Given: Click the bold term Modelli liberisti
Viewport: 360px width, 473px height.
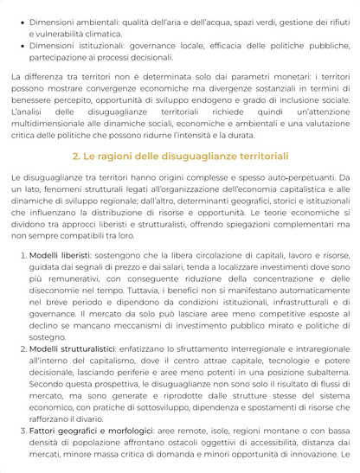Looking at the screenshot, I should pyautogui.click(x=60, y=256).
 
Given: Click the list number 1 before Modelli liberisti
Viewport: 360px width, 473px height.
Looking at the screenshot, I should pyautogui.click(x=21, y=256).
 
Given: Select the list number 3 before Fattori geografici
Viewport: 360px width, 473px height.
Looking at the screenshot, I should pyautogui.click(x=21, y=430).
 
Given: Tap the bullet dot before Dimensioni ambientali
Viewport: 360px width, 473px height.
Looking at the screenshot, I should pyautogui.click(x=21, y=20).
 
